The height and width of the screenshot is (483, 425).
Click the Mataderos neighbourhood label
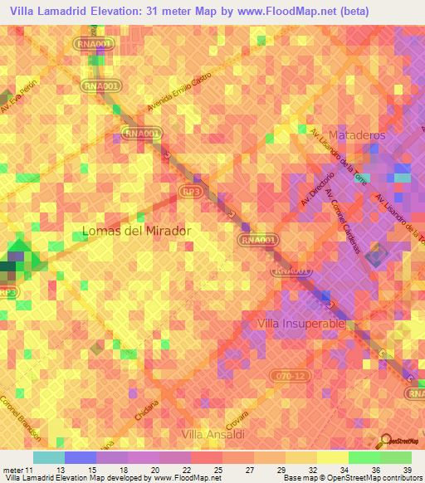coord(358,134)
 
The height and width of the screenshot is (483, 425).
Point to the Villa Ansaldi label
coord(211,432)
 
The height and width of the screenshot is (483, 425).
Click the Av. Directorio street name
coord(317,190)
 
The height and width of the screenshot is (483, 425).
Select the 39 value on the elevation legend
coord(407,471)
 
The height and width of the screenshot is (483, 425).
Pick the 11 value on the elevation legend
coord(32,471)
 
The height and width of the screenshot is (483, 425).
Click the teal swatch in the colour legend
coord(48,457)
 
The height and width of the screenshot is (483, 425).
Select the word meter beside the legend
coord(12,471)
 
